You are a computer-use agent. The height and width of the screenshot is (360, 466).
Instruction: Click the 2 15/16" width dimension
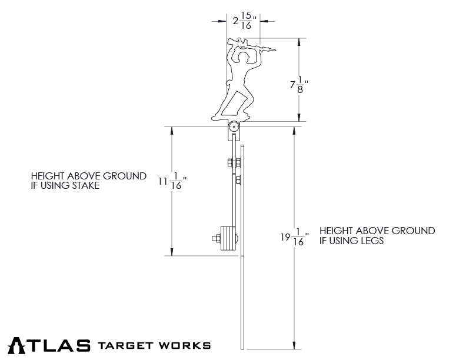(x=242, y=22)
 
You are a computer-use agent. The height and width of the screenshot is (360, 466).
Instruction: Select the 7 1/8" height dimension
(x=298, y=85)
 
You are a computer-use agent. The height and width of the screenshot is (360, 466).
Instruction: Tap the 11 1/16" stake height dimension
(x=171, y=183)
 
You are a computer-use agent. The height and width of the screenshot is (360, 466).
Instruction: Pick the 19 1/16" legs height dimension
(x=292, y=238)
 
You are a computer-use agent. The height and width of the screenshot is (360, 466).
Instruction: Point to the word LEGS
(x=371, y=241)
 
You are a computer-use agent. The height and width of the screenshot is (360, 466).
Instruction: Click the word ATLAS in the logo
(x=49, y=345)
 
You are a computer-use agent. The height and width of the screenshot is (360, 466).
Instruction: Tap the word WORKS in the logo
(x=187, y=345)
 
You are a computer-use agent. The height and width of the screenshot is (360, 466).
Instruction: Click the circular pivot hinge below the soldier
(x=234, y=126)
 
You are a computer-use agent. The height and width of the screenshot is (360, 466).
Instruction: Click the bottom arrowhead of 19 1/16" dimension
(x=293, y=345)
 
